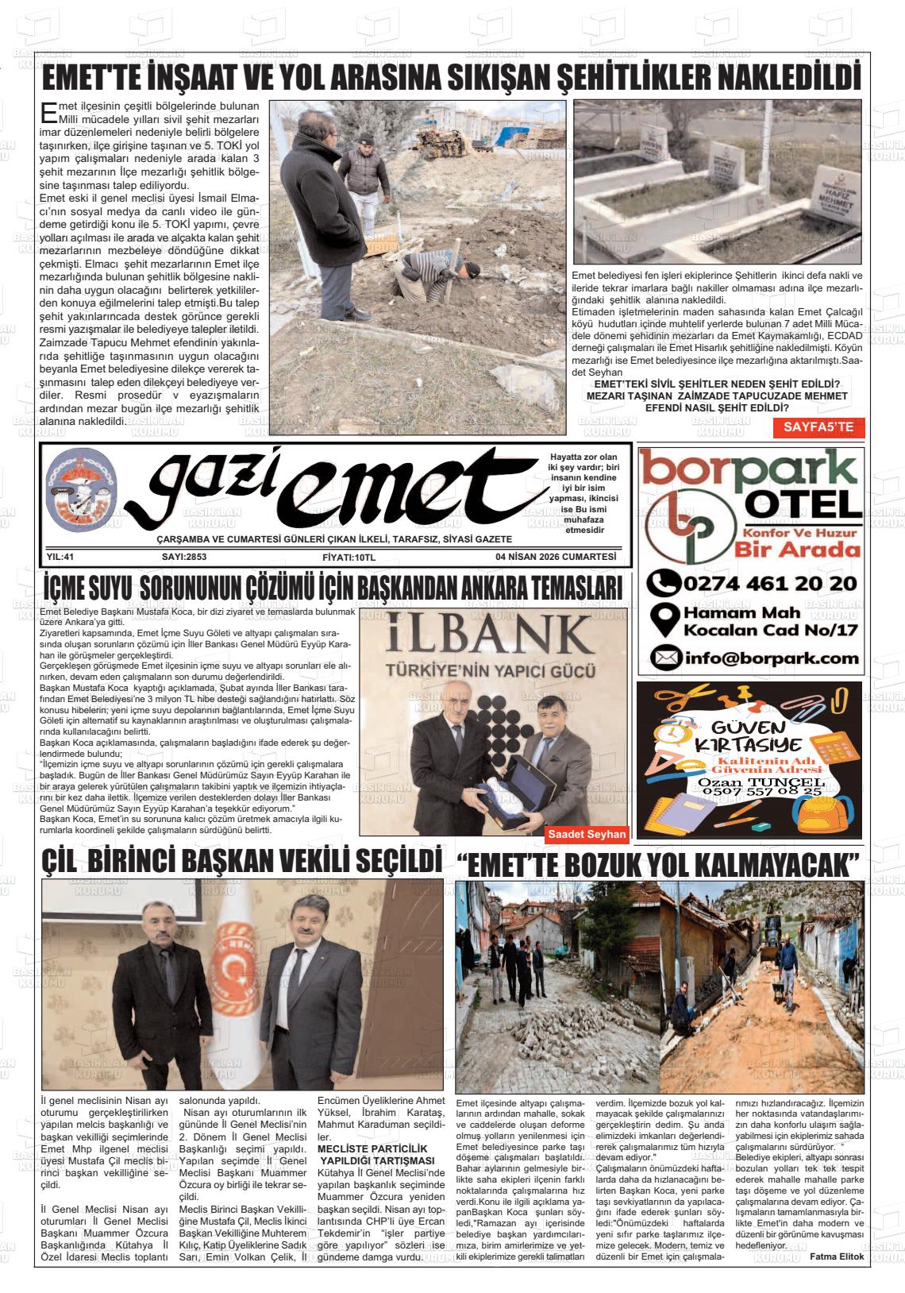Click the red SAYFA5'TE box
(818, 426)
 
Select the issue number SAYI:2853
(184, 557)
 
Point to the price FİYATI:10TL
(349, 557)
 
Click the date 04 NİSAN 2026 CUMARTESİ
(555, 557)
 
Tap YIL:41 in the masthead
(60, 557)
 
